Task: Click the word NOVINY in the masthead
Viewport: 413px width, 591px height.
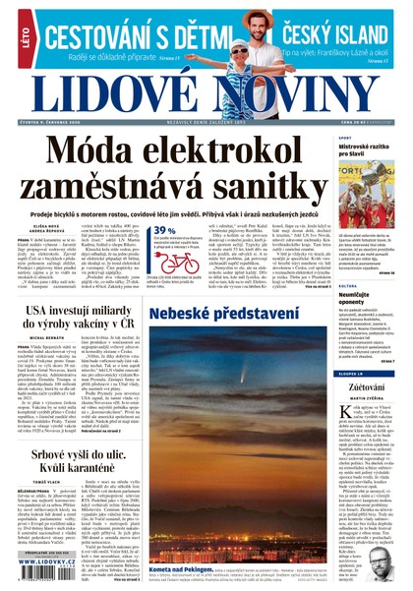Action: pyautogui.click(x=295, y=95)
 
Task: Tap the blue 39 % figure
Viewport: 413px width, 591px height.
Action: pyautogui.click(x=164, y=230)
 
